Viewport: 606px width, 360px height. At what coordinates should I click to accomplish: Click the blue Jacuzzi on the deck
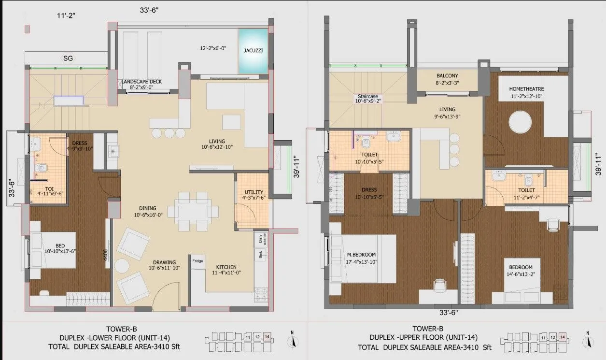253,51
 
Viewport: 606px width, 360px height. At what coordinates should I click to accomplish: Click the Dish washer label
261,240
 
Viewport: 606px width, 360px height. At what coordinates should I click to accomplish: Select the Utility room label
253,192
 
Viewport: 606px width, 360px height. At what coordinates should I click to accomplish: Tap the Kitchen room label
226,267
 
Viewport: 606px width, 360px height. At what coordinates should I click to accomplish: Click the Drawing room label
165,262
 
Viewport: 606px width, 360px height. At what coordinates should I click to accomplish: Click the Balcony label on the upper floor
447,76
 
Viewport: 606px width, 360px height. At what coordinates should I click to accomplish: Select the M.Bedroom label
361,255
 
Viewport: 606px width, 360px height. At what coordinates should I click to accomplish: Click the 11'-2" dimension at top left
68,15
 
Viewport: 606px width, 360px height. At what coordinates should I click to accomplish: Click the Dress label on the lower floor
80,143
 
